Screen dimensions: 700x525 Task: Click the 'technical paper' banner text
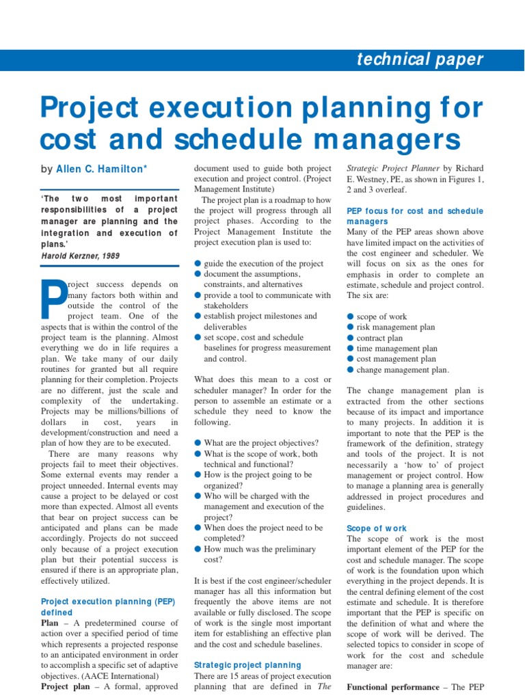pyautogui.click(x=420, y=59)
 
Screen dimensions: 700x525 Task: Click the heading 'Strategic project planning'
pyautogui.click(x=247, y=664)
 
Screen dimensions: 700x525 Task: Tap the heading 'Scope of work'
pyautogui.click(x=377, y=528)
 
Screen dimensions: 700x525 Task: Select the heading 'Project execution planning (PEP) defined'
pyautogui.click(x=109, y=607)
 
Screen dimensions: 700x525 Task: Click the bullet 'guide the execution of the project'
pyautogui.click(x=264, y=264)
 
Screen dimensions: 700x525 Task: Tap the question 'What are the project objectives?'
pyautogui.click(x=261, y=443)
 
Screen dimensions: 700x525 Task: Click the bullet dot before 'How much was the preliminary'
pyautogui.click(x=198, y=549)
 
